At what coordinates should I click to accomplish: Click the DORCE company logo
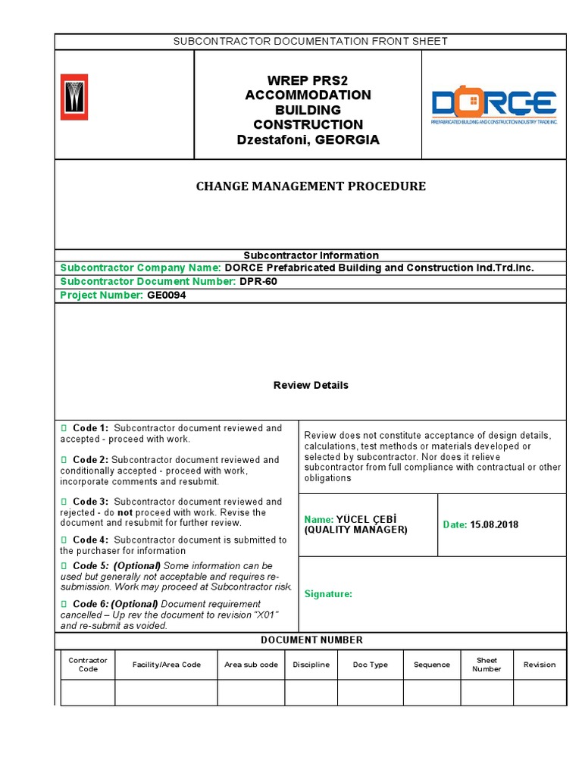[493, 106]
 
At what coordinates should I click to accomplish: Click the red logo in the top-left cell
[74, 97]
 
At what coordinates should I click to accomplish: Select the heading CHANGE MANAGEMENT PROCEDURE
[311, 186]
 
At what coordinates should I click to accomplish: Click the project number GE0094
[166, 296]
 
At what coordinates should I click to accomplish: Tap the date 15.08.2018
[494, 524]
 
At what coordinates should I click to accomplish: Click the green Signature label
[328, 594]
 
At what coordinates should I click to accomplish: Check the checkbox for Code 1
[64, 429]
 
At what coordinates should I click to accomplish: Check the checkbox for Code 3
[64, 502]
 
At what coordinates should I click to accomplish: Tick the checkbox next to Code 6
[64, 604]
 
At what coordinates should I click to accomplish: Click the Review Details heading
[311, 385]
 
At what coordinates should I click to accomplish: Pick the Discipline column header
[311, 665]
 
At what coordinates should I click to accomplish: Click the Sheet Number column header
[487, 665]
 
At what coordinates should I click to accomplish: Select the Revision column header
[539, 665]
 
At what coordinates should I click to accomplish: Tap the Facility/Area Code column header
[166, 665]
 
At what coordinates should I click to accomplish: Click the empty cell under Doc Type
[370, 693]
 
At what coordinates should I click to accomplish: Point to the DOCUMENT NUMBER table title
[311, 640]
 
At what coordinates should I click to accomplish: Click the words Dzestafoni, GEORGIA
[308, 140]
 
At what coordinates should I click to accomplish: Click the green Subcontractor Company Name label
[140, 268]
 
